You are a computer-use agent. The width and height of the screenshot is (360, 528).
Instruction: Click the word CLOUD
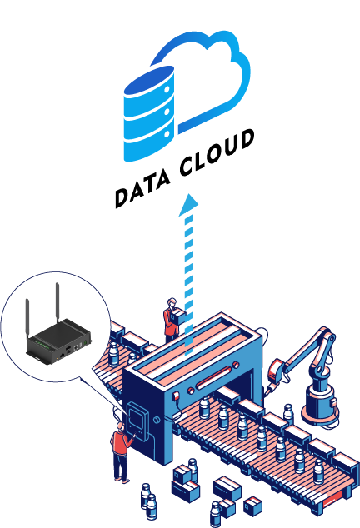(x=217, y=153)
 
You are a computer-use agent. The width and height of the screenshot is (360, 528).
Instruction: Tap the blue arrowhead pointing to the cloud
(x=188, y=204)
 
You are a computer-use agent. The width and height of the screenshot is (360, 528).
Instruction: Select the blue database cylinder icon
(x=149, y=113)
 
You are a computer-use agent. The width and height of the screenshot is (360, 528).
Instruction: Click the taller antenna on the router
(x=57, y=303)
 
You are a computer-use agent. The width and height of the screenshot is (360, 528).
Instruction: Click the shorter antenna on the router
(x=27, y=319)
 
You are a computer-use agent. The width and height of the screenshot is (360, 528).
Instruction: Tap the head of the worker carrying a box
(x=172, y=302)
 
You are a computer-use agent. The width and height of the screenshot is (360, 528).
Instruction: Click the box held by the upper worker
(x=177, y=317)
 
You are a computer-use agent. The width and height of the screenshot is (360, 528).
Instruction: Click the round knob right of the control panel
(x=157, y=420)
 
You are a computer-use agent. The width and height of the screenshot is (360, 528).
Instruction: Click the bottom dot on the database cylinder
(x=167, y=134)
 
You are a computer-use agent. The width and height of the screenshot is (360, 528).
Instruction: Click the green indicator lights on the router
(x=42, y=345)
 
